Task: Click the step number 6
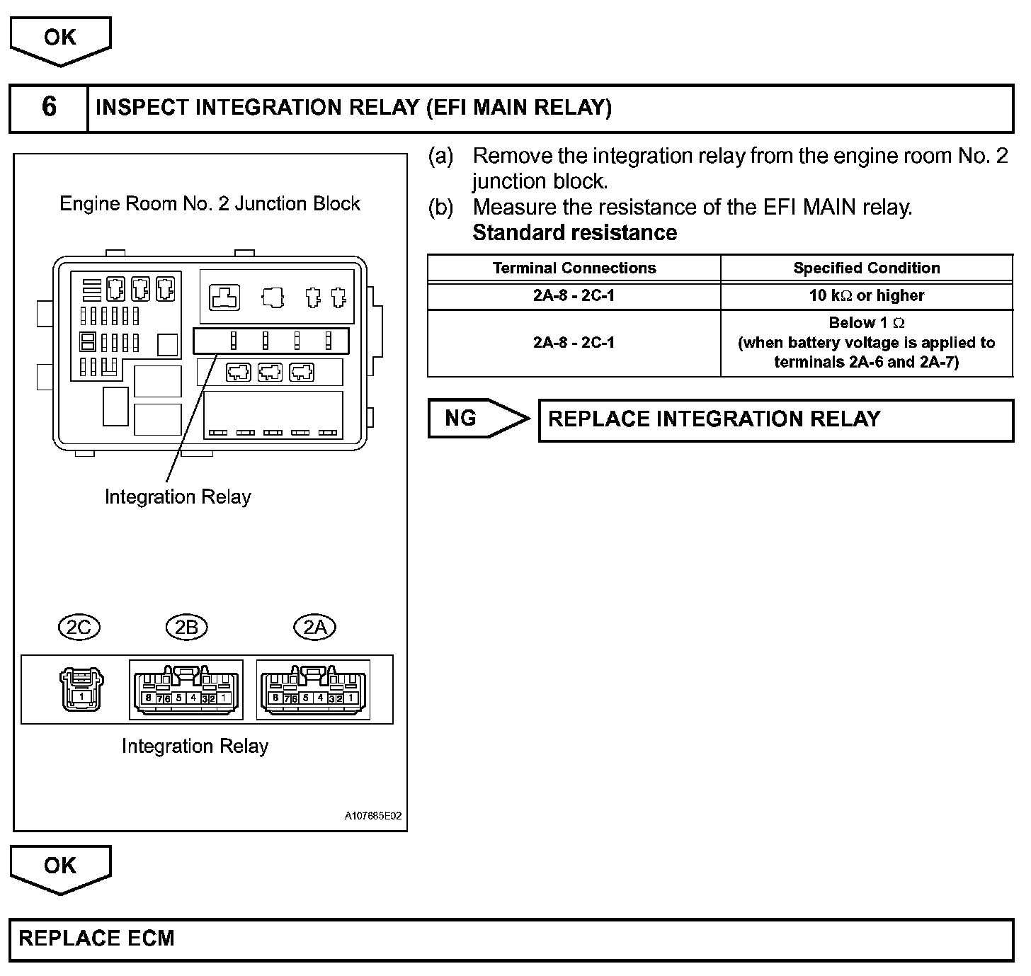(x=49, y=107)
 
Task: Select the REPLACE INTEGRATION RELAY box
(x=775, y=420)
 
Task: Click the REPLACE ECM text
(x=96, y=938)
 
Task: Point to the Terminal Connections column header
(x=574, y=268)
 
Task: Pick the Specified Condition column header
(x=867, y=268)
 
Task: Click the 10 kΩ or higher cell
(x=867, y=296)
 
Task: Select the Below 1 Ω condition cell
(x=867, y=343)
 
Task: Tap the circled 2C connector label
(x=79, y=628)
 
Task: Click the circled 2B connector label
(x=186, y=628)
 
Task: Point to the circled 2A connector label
(x=315, y=628)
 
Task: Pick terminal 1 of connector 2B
(x=224, y=698)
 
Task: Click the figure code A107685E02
(x=373, y=816)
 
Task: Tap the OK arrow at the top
(x=60, y=39)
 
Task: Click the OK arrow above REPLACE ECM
(x=60, y=867)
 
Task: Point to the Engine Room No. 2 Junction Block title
(x=210, y=204)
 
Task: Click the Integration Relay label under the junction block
(x=178, y=497)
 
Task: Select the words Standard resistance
(x=574, y=233)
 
